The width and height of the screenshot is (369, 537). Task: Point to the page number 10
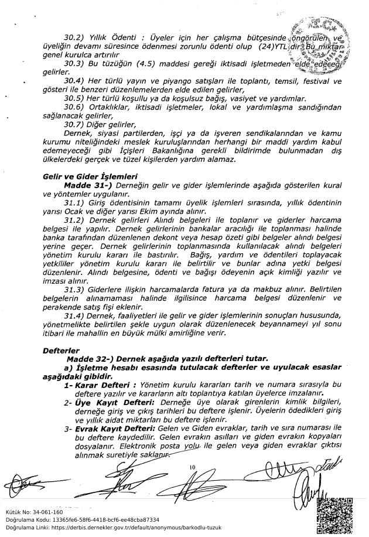click(x=192, y=467)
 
